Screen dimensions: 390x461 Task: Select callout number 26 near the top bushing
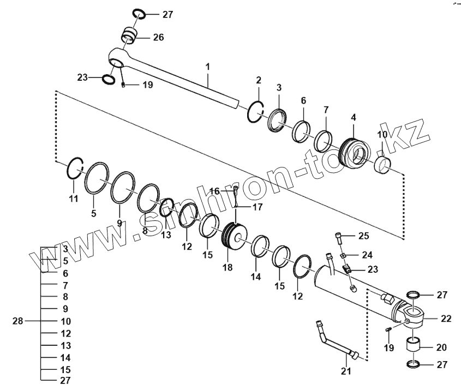tap(158, 38)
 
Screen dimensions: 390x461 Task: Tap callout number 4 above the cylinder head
tap(353, 117)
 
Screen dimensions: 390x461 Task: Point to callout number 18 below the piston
tap(227, 267)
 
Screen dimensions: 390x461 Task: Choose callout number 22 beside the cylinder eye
tap(446, 319)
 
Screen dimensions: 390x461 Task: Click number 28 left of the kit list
tap(18, 321)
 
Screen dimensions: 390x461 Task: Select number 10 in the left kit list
tap(65, 321)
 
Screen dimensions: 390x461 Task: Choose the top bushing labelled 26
tap(129, 37)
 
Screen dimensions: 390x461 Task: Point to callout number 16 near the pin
tap(215, 191)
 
